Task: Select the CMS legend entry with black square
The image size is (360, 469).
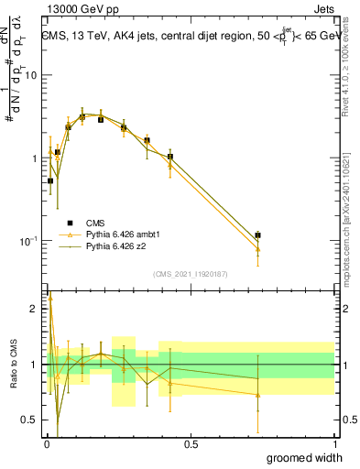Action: click(x=93, y=223)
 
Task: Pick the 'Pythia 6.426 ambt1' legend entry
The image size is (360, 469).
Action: click(x=120, y=234)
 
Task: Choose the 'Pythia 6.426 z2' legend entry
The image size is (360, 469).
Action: click(x=114, y=246)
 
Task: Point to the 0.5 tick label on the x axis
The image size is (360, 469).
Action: click(x=191, y=443)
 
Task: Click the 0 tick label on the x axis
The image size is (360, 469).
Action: click(x=46, y=443)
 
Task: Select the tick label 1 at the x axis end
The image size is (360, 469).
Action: click(x=334, y=443)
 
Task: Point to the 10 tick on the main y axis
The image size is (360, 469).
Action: click(x=30, y=75)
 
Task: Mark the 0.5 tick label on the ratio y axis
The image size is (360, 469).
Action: click(x=30, y=420)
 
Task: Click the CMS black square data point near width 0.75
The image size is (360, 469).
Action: click(x=258, y=235)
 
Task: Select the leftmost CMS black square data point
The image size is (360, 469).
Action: click(x=50, y=180)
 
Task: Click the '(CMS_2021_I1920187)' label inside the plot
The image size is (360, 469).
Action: click(x=189, y=273)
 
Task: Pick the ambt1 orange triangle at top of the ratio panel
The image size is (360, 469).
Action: click(x=50, y=298)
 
